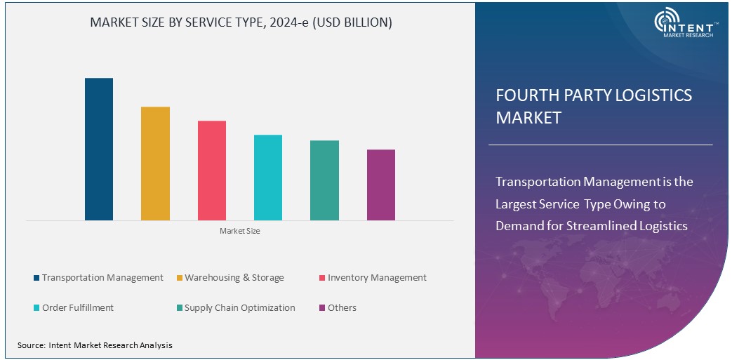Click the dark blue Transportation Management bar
tap(99, 149)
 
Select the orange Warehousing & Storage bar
tap(155, 164)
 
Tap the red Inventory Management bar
tap(212, 171)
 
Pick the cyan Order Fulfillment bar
tap(268, 178)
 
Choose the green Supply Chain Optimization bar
tap(324, 180)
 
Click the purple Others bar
tap(381, 185)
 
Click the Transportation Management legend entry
tap(102, 278)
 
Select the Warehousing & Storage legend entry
tap(234, 278)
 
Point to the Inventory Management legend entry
tap(377, 278)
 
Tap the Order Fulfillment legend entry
tap(78, 308)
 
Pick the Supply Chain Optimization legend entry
tap(239, 308)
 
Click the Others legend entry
tap(342, 308)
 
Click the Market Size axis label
tap(240, 231)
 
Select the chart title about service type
tap(241, 22)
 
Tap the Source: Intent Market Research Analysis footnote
tap(95, 345)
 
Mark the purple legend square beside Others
tap(322, 308)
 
